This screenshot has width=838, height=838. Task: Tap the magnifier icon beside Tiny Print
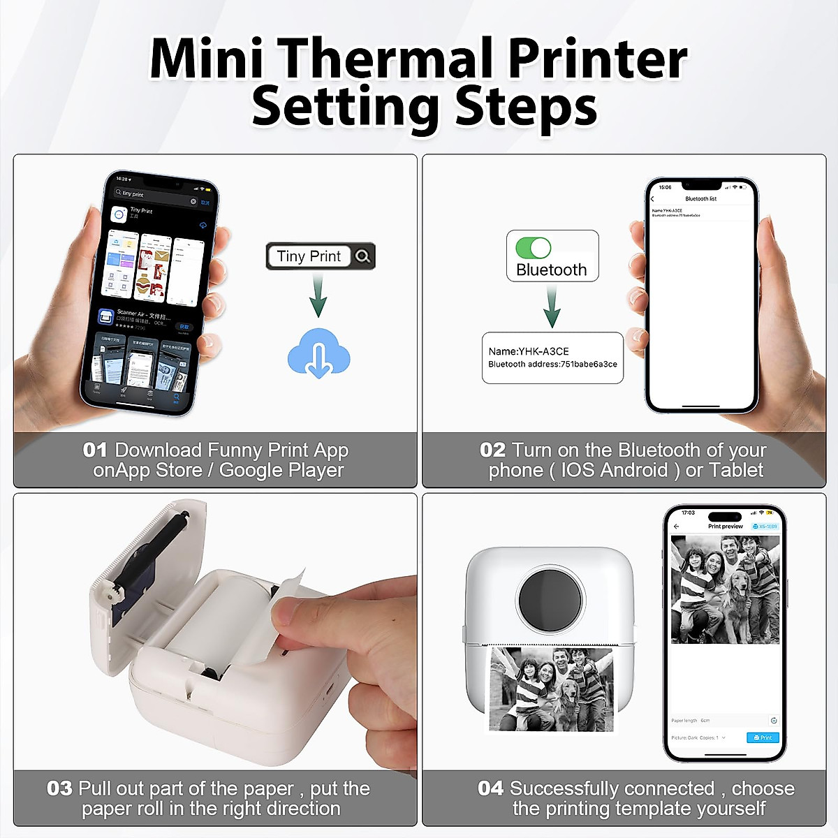tap(362, 256)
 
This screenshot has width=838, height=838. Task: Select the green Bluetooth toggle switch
tap(533, 247)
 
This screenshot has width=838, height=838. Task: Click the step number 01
tap(95, 450)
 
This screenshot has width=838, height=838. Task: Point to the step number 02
tap(492, 450)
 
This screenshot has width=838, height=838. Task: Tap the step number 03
tap(59, 788)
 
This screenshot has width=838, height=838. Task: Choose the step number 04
tap(490, 788)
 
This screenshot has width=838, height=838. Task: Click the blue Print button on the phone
tap(762, 737)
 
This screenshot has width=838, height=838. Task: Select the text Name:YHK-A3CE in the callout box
tap(529, 351)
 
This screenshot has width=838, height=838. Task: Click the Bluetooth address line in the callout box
tap(552, 364)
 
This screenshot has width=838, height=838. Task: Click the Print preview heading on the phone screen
tap(725, 526)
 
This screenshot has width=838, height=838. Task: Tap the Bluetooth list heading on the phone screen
tap(700, 199)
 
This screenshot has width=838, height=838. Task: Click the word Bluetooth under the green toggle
tap(552, 270)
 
